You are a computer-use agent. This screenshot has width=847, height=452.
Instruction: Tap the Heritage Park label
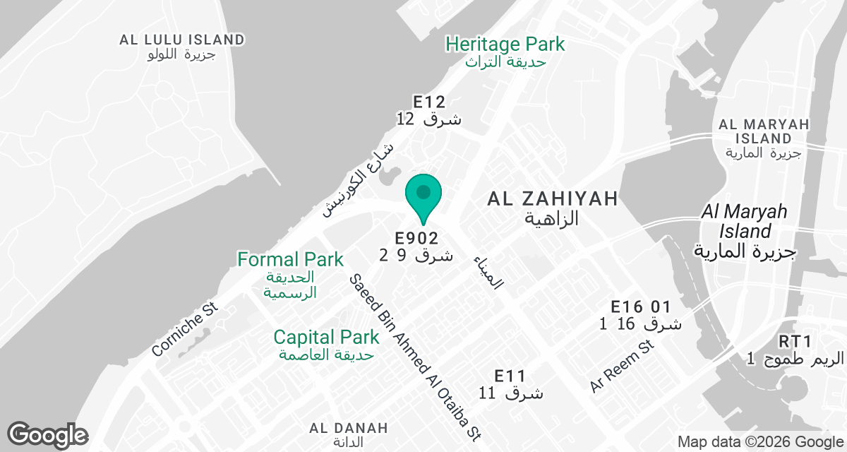click(x=505, y=44)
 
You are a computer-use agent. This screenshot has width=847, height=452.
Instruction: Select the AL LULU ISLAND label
click(x=182, y=40)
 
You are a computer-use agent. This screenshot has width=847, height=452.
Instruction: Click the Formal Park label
click(x=290, y=260)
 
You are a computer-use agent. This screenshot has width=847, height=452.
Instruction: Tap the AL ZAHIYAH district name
click(x=553, y=199)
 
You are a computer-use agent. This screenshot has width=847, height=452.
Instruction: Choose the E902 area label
click(x=416, y=239)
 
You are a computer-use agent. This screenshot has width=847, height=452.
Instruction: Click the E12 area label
click(x=428, y=102)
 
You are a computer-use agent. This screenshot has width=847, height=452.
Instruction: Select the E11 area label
click(x=511, y=375)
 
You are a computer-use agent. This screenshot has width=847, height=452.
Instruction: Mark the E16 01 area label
click(x=640, y=307)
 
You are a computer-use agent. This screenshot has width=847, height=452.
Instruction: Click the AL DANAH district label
click(x=349, y=428)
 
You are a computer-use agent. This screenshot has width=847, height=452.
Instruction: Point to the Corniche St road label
click(x=186, y=331)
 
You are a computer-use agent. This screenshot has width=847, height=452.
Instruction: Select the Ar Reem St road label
click(x=623, y=367)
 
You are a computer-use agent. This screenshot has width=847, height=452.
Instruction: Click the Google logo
click(x=47, y=434)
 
